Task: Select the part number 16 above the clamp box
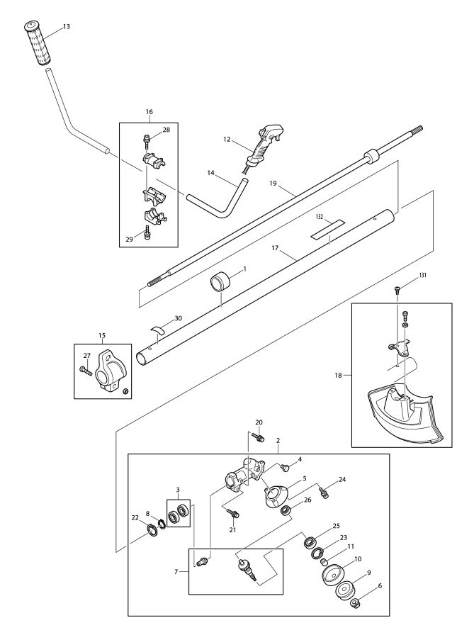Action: tap(149, 111)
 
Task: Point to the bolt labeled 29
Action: tap(147, 233)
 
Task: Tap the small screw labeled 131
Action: tap(397, 289)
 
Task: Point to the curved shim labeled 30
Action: tap(158, 329)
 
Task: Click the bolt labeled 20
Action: tap(258, 437)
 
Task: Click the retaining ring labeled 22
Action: tap(152, 531)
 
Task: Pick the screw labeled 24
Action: tap(323, 493)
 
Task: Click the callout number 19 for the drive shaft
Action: tap(273, 184)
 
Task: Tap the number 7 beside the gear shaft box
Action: tap(176, 571)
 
